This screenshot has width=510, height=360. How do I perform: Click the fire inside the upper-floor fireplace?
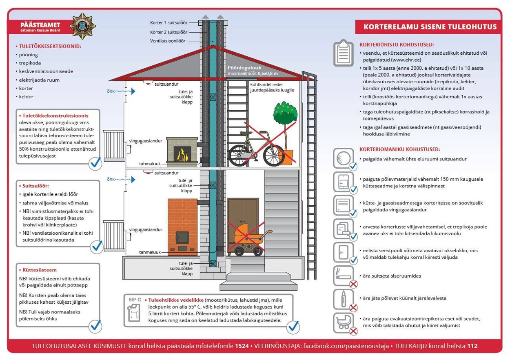click(x=181, y=154)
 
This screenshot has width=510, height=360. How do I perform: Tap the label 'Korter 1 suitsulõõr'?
click(x=169, y=23)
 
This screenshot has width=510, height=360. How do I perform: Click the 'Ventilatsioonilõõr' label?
click(x=168, y=41)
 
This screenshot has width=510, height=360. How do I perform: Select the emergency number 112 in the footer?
click(x=472, y=346)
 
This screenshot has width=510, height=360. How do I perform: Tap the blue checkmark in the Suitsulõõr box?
click(x=97, y=246)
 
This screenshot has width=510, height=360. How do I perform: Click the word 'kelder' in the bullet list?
click(x=26, y=97)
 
